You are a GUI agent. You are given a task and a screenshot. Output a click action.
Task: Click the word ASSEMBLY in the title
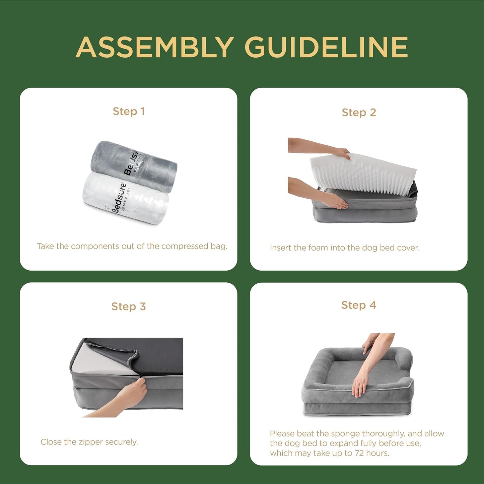(155, 47)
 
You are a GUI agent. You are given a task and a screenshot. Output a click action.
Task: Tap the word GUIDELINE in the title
(326, 47)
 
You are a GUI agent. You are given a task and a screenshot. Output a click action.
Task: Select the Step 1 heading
(129, 111)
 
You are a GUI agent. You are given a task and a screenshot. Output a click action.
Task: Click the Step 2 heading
(359, 113)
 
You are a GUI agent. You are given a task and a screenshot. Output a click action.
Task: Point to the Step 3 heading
(129, 306)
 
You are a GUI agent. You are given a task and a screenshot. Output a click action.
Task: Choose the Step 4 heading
(359, 305)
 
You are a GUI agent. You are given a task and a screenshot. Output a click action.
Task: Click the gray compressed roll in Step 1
(134, 166)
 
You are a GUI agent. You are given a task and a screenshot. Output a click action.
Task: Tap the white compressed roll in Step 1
(126, 198)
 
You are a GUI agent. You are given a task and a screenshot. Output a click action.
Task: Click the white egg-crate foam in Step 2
(363, 177)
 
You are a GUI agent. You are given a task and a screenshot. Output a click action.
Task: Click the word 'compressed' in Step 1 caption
(185, 247)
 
